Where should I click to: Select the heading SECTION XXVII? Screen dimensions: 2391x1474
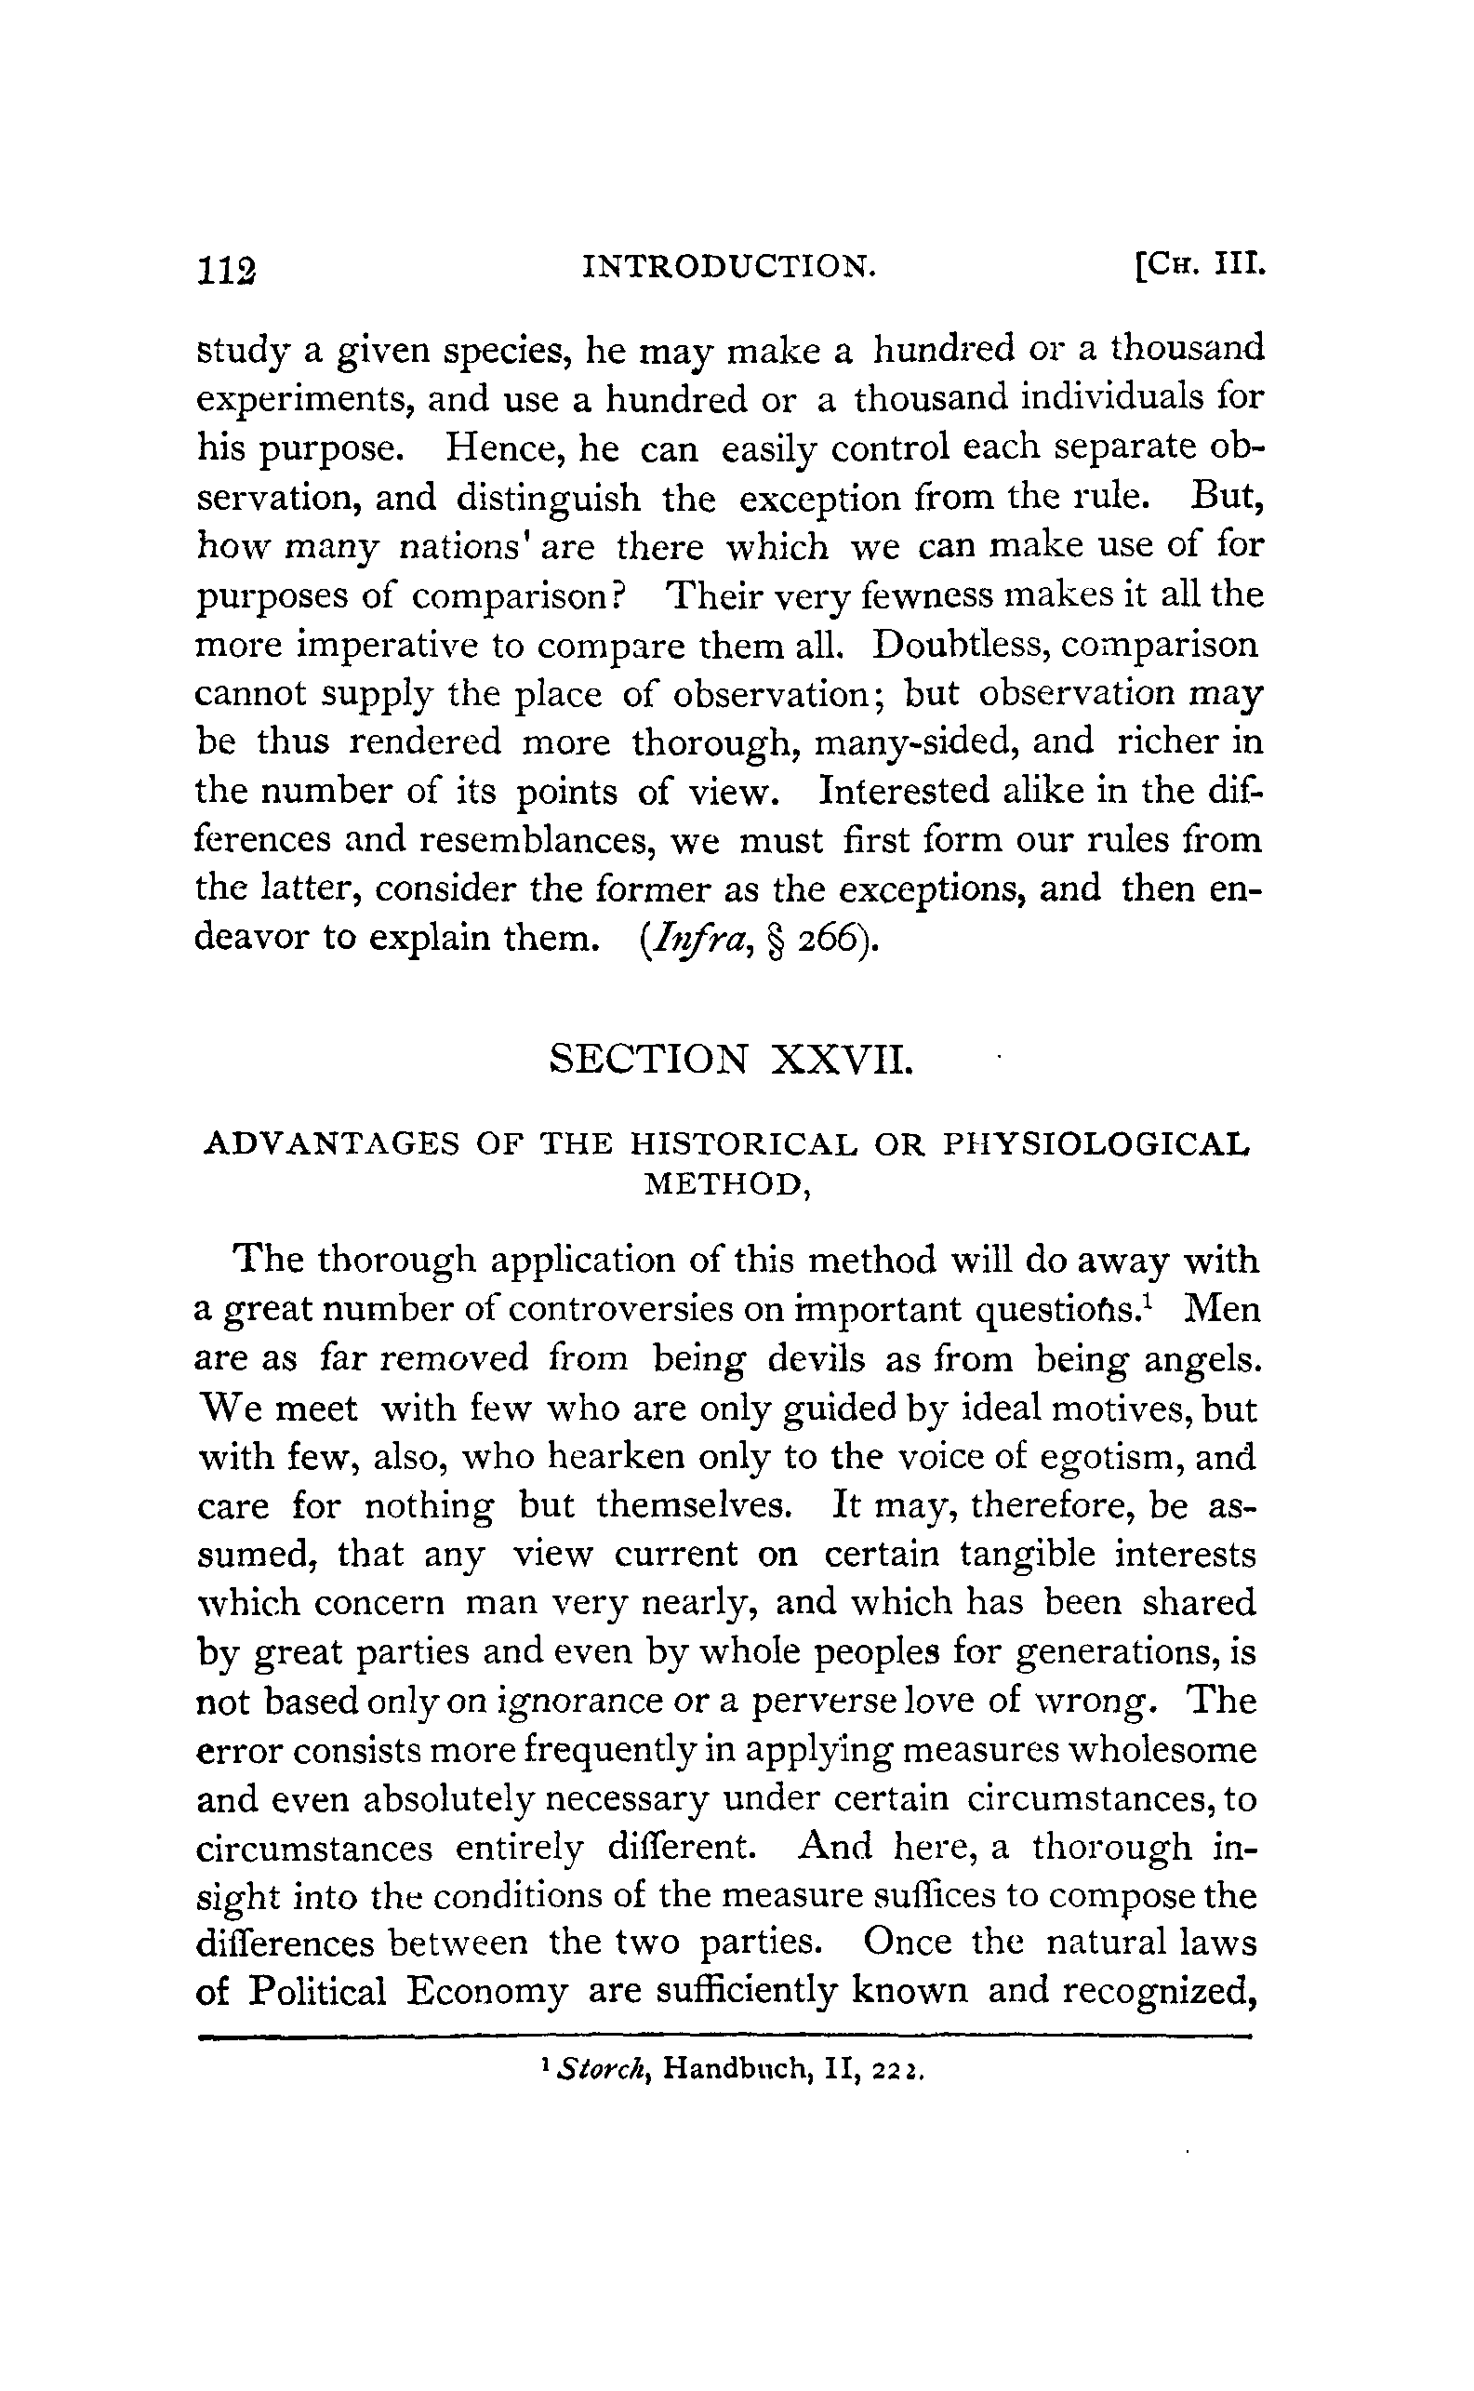(730, 1058)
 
